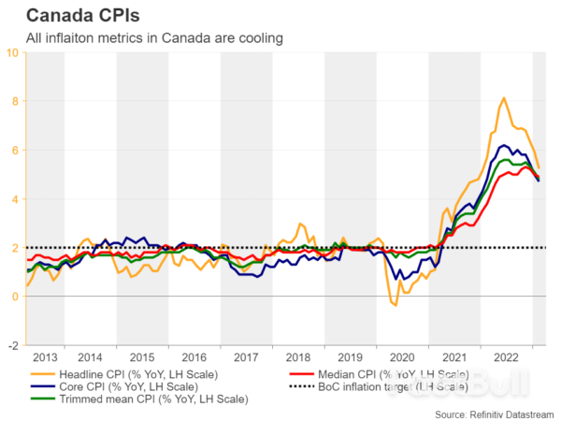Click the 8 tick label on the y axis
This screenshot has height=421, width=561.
click(14, 101)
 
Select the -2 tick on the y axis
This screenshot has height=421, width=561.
click(12, 345)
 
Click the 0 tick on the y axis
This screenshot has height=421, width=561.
click(14, 297)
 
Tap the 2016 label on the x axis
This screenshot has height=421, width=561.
click(194, 357)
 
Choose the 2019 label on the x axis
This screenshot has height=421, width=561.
click(350, 357)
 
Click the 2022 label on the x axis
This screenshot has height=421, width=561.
click(506, 357)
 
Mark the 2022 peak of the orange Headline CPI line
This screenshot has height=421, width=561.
click(504, 97)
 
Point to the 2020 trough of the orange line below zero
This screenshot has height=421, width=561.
click(396, 305)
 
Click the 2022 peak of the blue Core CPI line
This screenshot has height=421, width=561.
click(504, 145)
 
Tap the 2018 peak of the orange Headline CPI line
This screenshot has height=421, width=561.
click(299, 224)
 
